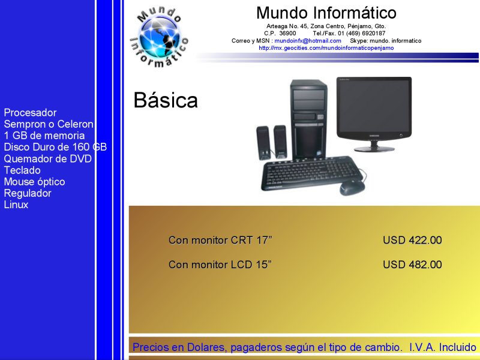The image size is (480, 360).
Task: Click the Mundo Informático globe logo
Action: [159, 37]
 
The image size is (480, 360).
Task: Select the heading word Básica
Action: [166, 100]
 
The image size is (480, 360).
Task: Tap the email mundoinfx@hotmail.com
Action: [308, 41]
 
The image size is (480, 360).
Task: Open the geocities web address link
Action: [326, 48]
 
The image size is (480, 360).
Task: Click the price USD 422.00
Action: [412, 240]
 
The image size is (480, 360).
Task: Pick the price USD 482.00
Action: [412, 265]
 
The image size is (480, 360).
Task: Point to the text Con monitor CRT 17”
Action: [220, 240]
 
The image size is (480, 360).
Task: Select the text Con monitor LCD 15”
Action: [220, 265]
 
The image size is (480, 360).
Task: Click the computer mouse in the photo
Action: [352, 187]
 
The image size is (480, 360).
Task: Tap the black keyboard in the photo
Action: [311, 173]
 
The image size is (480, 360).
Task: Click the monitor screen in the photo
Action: [374, 106]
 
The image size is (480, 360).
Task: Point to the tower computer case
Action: [308, 119]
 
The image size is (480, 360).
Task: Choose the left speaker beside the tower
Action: [263, 143]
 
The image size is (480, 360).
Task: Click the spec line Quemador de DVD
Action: [48, 158]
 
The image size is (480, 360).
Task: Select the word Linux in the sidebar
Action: [16, 205]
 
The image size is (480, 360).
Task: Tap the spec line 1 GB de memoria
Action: [44, 136]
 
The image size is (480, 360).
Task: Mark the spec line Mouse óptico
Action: [34, 182]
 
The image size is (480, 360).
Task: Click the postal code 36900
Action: [287, 34]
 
